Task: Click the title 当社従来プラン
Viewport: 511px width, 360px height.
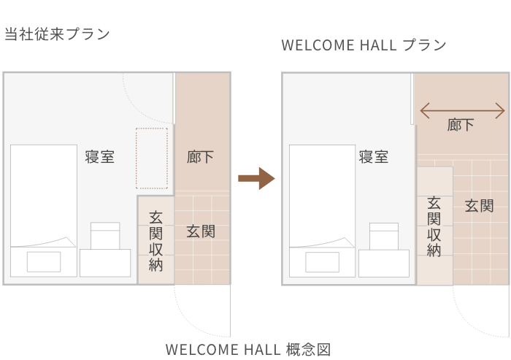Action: pos(57,34)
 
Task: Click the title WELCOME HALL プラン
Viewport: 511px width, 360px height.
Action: pos(364,45)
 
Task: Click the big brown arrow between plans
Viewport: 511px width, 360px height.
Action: pos(255,178)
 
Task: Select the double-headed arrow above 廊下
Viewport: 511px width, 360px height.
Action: pos(462,111)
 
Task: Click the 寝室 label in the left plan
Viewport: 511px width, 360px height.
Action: pos(99,157)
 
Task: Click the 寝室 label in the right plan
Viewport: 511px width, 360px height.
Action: pos(373,157)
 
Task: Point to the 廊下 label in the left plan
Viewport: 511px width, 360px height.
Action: pos(201,157)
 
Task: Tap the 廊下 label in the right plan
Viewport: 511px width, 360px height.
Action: pos(461,126)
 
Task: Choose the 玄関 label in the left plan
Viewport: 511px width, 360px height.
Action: pos(201,231)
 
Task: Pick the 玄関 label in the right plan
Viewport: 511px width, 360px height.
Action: pos(479,206)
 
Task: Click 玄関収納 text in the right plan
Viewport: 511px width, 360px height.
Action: pos(434,226)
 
